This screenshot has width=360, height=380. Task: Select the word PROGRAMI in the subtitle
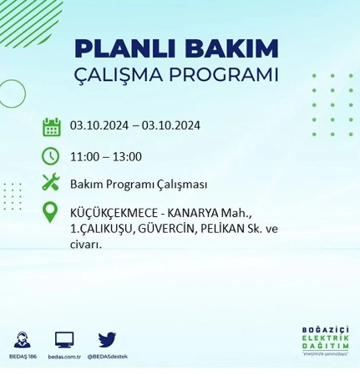point(226,74)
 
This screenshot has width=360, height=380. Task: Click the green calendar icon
point(51,127)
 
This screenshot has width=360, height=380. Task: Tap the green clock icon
point(51,155)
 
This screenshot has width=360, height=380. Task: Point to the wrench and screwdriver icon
point(51,182)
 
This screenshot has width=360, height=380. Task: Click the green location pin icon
point(51,212)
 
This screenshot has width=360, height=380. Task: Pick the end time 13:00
point(126,156)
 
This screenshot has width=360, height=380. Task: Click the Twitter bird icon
point(107,339)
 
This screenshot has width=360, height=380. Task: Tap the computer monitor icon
point(64,339)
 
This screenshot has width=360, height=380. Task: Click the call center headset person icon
point(23,339)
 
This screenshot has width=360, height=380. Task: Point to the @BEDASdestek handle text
point(107,356)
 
